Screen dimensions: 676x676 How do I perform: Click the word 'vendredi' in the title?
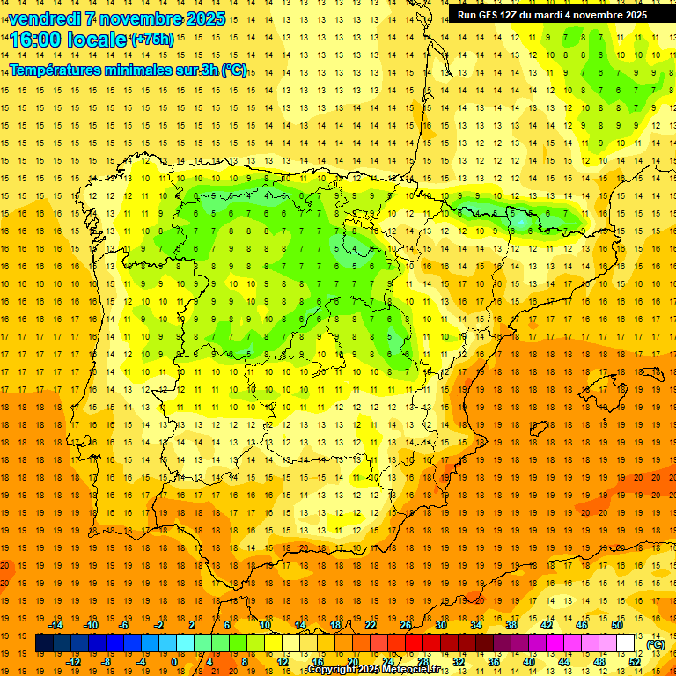[45, 18]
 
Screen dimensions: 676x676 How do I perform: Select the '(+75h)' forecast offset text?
[151, 39]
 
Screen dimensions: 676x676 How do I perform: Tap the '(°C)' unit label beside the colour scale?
[656, 644]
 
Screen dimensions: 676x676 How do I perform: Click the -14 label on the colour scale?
[56, 625]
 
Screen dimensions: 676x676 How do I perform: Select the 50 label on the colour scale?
[617, 625]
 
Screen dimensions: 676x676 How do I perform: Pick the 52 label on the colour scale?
[635, 662]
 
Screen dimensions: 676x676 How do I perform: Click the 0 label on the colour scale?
[174, 662]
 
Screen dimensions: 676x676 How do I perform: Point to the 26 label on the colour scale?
[406, 625]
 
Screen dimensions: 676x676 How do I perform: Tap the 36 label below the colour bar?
[494, 662]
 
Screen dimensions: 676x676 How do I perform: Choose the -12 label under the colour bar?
[74, 662]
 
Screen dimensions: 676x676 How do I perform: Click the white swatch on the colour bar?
[626, 643]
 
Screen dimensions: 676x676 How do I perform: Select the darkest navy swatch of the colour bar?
[44, 643]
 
